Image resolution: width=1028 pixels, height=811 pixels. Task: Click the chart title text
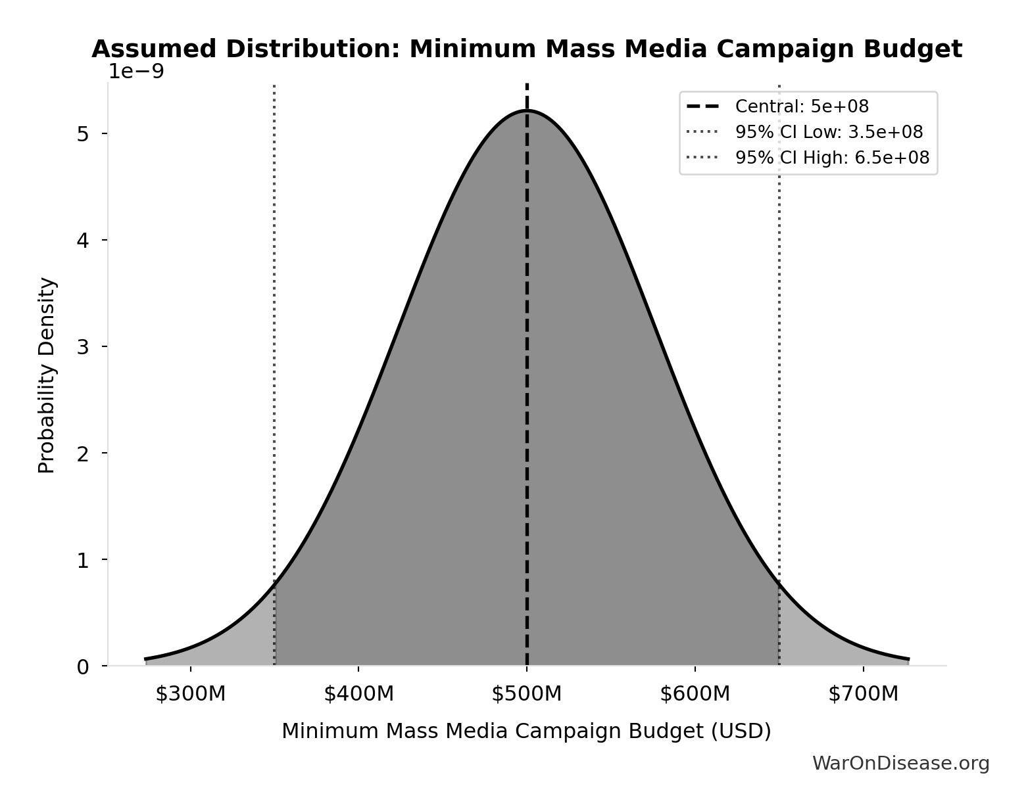coord(526,49)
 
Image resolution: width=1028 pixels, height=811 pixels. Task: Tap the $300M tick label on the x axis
coord(191,693)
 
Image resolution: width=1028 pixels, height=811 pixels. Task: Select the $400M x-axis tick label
coord(358,693)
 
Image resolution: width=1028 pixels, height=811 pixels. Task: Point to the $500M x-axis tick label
coord(527,693)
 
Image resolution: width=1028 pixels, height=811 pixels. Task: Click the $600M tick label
coord(695,693)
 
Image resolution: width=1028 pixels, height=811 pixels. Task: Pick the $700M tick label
coord(863,693)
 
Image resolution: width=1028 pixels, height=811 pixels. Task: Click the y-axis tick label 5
coord(83,134)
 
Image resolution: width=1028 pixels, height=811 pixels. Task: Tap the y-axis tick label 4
coord(83,241)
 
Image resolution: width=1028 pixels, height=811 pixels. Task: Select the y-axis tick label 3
coord(83,347)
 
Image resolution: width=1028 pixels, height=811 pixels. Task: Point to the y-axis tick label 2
coord(83,453)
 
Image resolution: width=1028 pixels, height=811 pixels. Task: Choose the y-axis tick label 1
coord(83,561)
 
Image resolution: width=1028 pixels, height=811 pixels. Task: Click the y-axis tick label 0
coord(83,667)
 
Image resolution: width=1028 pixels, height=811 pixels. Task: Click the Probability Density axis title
coord(47,375)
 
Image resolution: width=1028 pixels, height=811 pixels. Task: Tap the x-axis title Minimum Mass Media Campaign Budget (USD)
coord(526,731)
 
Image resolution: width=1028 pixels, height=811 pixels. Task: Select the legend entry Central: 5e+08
coord(802,106)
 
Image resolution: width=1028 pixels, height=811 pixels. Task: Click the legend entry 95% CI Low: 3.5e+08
coord(829,132)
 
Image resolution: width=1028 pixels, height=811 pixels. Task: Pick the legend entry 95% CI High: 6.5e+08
coord(832,158)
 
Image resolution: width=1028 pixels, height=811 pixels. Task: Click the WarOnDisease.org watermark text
coord(900,763)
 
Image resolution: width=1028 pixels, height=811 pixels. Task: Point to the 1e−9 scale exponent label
coord(136,71)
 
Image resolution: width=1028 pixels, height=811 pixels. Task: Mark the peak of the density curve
coord(527,110)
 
